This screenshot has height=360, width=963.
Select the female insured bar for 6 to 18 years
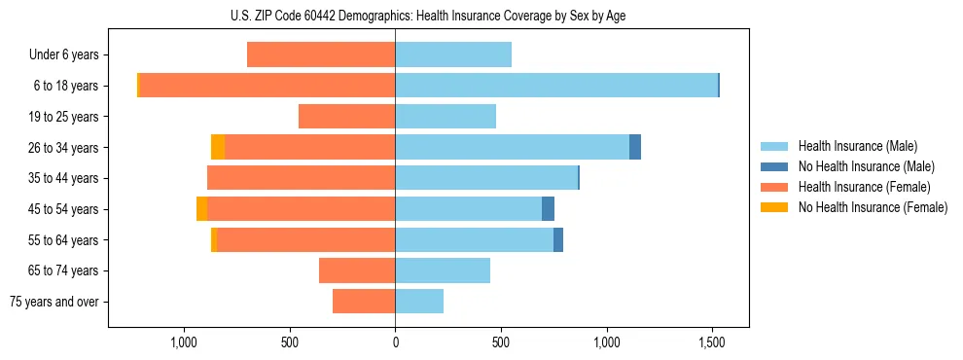pos(267,86)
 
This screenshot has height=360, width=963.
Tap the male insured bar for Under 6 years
pos(453,54)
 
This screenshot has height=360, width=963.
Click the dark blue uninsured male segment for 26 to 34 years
pos(635,147)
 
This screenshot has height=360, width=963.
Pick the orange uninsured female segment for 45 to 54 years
pos(201,209)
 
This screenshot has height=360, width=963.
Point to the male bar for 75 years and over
pos(419,302)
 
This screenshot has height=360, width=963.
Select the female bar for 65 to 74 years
pos(357,270)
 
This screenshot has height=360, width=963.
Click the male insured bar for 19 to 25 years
pos(446,117)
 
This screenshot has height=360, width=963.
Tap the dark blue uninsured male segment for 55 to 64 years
pos(558,239)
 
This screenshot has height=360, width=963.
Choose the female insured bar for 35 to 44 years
pos(302,178)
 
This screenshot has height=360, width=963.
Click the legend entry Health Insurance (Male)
pos(857,146)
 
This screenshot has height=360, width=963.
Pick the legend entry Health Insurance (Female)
pos(864,187)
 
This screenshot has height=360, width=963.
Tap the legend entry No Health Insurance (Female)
pos(873,207)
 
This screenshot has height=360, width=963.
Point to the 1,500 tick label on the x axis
pos(712,343)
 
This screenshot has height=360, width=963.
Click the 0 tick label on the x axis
pos(395,343)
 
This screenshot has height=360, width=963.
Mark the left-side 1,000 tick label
pos(184,343)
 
